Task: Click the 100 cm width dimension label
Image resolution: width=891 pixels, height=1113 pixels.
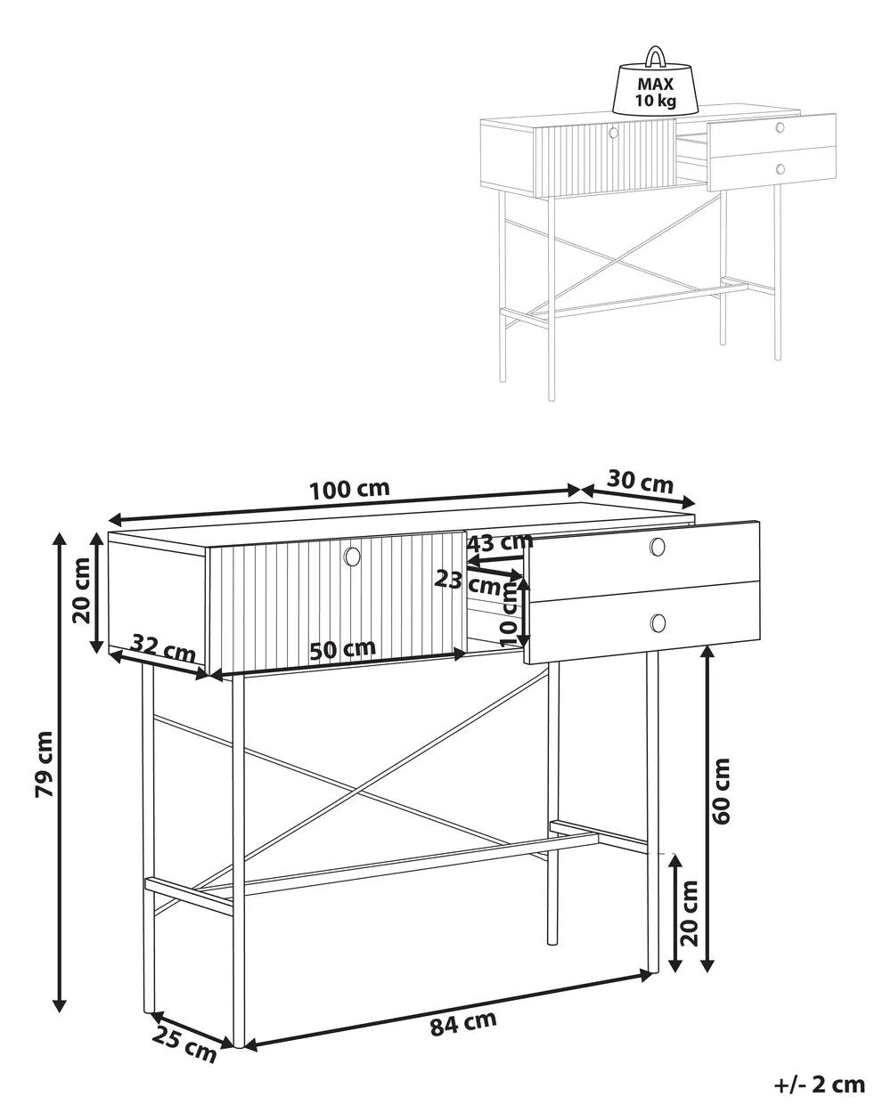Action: click(349, 490)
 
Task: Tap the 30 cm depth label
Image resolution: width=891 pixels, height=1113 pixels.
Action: click(640, 482)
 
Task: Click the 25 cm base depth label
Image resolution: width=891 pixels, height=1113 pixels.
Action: click(184, 1044)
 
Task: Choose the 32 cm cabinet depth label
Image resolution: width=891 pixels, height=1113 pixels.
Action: click(163, 647)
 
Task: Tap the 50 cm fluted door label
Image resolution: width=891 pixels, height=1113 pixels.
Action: click(343, 649)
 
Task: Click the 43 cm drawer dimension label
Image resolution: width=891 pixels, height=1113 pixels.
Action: click(499, 542)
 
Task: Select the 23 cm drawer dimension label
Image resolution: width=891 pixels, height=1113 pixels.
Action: click(468, 582)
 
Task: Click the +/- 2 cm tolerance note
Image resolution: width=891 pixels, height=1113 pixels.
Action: click(819, 1084)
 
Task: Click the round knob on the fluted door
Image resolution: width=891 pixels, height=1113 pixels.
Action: click(352, 556)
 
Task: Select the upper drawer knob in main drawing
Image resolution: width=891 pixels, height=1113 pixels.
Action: click(658, 547)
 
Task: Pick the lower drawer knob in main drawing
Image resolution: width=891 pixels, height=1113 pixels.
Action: click(658, 622)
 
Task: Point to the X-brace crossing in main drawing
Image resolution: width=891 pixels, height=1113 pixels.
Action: click(356, 789)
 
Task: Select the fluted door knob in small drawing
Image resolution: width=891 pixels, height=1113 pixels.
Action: click(613, 133)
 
